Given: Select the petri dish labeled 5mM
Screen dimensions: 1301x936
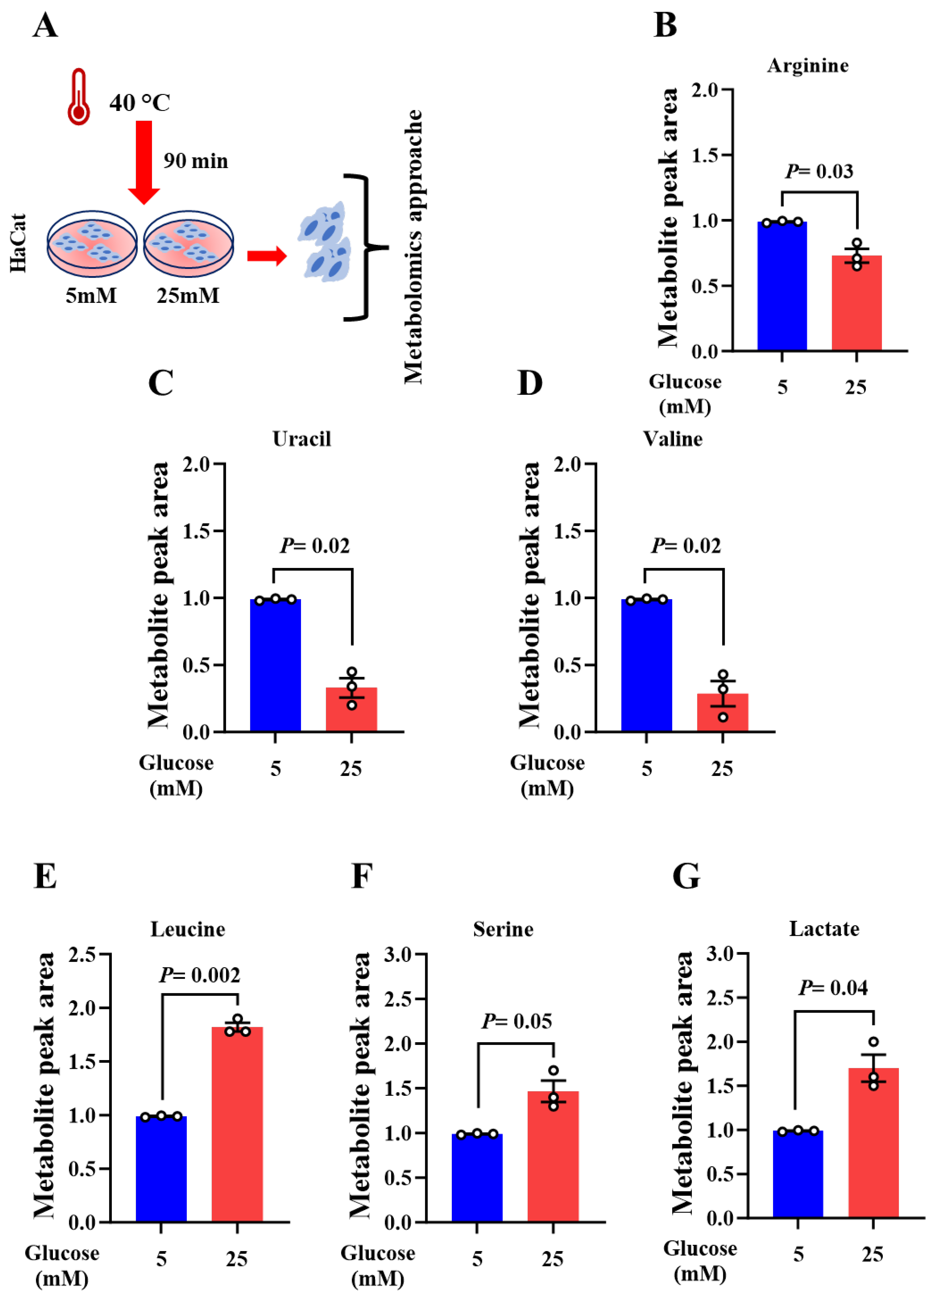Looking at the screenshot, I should (x=92, y=243).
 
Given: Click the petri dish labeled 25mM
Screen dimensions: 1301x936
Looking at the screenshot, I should (x=189, y=243).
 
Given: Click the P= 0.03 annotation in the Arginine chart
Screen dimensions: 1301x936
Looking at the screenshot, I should (x=819, y=171).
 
